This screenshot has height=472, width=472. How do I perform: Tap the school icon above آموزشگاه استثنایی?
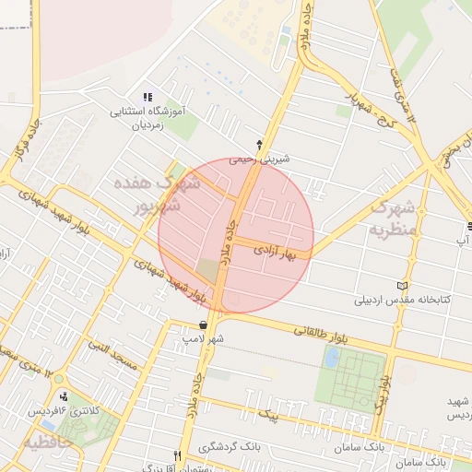[146, 98]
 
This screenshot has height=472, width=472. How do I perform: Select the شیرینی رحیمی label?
[260, 159]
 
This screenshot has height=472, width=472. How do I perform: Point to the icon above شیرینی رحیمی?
[259, 144]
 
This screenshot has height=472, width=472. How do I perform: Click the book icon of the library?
[400, 285]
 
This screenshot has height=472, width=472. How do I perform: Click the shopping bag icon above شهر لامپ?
[203, 324]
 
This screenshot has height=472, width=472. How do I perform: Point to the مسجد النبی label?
[112, 357]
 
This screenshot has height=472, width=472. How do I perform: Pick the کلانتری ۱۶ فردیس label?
[61, 408]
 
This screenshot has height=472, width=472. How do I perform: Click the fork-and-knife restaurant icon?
[177, 455]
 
